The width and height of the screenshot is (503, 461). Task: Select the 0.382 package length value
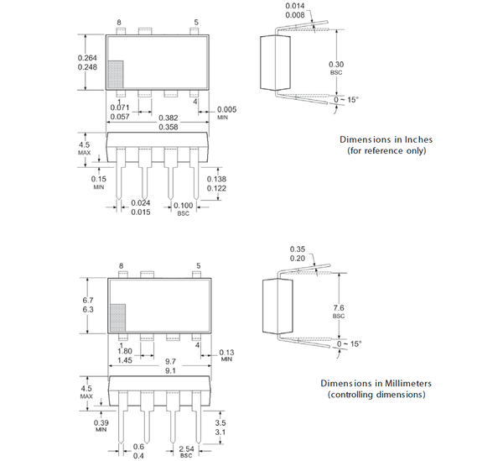[x=169, y=118]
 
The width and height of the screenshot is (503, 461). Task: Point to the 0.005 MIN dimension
[x=227, y=109]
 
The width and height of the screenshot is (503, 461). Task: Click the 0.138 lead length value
[x=216, y=180]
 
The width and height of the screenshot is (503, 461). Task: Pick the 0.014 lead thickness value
[x=296, y=6]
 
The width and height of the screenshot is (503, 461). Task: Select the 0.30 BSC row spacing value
[x=336, y=65]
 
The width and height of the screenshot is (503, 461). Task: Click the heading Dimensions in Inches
[x=386, y=139]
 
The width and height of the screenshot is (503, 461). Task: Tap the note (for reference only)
[x=386, y=151]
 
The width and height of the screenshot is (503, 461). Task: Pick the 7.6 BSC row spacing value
[x=339, y=307]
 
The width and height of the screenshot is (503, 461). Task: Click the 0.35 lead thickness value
[x=297, y=249]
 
